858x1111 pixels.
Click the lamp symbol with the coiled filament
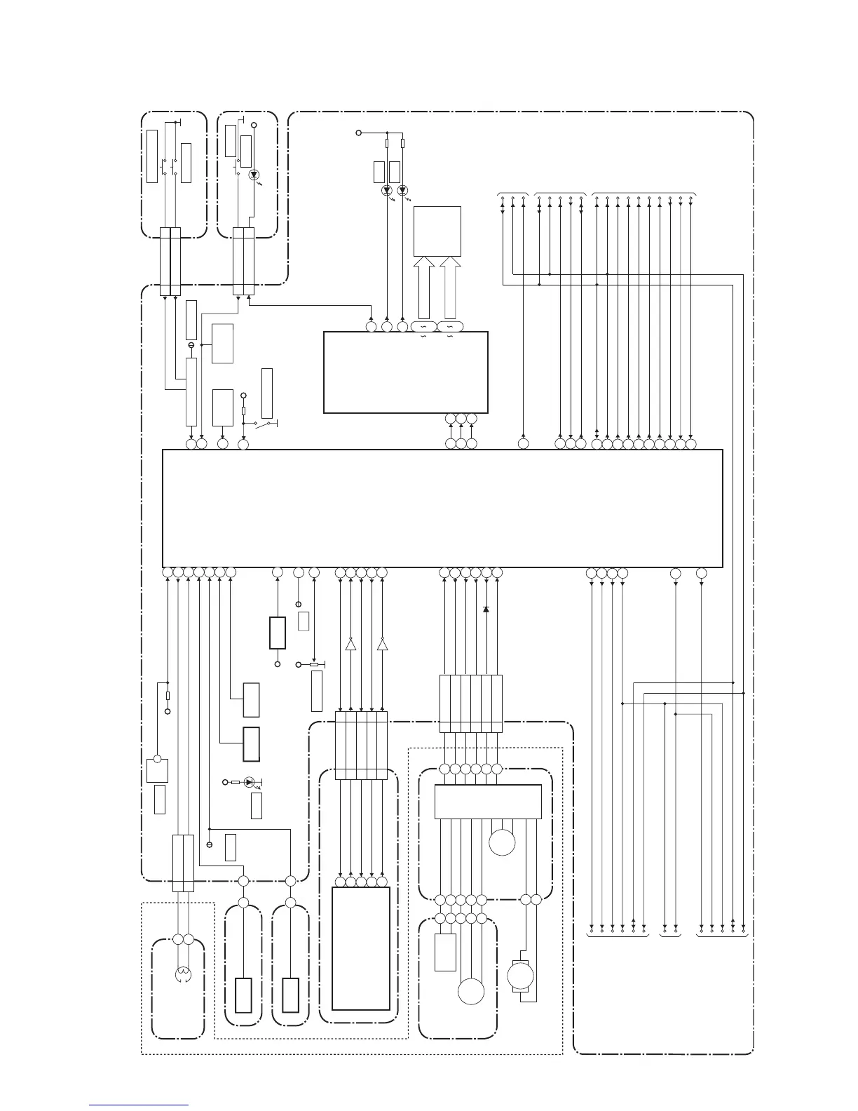pyautogui.click(x=183, y=974)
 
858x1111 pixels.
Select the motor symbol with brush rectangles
pyautogui.click(x=520, y=976)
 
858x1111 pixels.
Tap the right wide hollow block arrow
pyautogui.click(x=451, y=288)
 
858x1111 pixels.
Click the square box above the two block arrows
pyautogui.click(x=437, y=231)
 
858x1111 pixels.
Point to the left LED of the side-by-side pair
pyautogui.click(x=386, y=191)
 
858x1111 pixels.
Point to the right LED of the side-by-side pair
pyautogui.click(x=402, y=191)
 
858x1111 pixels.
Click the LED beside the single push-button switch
pyautogui.click(x=254, y=175)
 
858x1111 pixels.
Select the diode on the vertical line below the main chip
pyautogui.click(x=486, y=609)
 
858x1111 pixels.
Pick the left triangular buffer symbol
pyautogui.click(x=350, y=644)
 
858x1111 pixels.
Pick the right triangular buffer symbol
pyautogui.click(x=382, y=644)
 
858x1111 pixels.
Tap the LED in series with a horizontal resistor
pyautogui.click(x=249, y=782)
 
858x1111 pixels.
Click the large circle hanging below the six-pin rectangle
pyautogui.click(x=502, y=842)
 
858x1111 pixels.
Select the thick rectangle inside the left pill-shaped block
pyautogui.click(x=243, y=995)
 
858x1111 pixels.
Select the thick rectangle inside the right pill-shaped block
pyautogui.click(x=290, y=995)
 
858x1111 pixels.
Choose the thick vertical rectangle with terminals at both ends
pyautogui.click(x=278, y=633)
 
